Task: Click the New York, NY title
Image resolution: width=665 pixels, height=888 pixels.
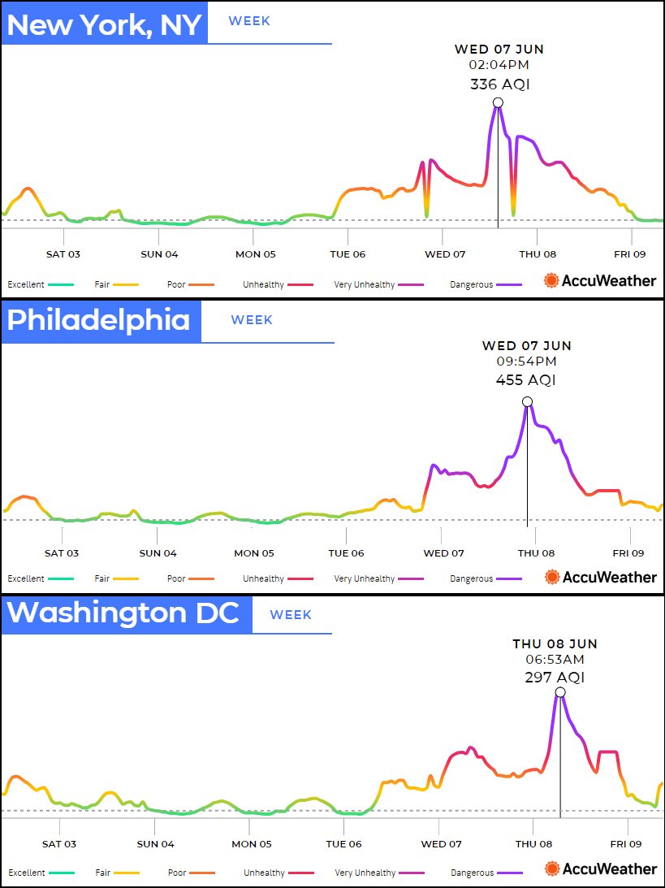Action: [104, 24]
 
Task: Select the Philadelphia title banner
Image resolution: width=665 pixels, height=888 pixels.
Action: [99, 319]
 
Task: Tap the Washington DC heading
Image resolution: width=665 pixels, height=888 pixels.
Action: [123, 613]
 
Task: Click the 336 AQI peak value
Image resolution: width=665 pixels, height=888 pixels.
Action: [499, 84]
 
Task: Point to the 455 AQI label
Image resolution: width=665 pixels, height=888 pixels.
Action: [526, 379]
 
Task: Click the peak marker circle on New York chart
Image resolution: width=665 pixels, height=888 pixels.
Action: [498, 102]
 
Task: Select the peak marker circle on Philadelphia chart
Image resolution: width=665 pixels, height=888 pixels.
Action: [527, 401]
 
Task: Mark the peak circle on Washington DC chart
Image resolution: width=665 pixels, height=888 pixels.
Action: [559, 692]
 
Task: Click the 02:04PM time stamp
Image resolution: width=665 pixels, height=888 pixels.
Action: [499, 64]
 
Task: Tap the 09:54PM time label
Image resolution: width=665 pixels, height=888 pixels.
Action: [526, 361]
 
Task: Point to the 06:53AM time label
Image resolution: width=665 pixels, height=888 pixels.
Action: [555, 659]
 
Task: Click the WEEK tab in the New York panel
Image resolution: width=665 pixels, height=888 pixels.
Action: [249, 21]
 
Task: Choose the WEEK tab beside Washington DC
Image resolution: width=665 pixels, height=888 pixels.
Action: [291, 615]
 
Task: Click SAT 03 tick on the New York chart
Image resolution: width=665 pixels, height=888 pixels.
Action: [63, 254]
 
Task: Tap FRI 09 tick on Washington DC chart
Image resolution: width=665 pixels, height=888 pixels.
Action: [628, 844]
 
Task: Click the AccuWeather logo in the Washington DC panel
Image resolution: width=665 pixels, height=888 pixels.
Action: [601, 869]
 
